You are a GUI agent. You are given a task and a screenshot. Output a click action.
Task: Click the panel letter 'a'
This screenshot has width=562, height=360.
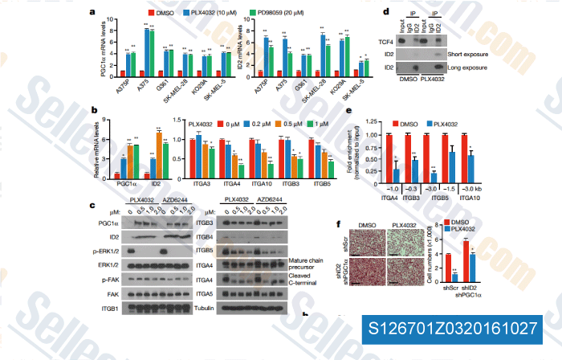tap(94, 12)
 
